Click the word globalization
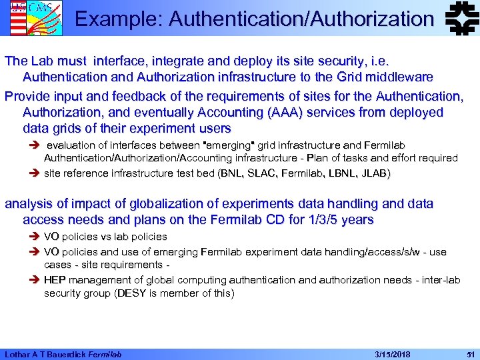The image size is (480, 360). tap(166, 203)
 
